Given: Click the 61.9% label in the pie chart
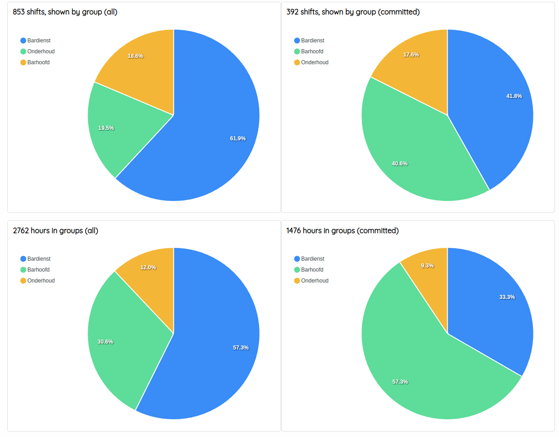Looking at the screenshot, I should [238, 139].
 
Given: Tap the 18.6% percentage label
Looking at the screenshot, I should [136, 56].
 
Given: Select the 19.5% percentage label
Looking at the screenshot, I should [106, 128].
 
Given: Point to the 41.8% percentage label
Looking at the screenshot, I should [514, 96].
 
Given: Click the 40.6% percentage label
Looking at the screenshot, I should [400, 164].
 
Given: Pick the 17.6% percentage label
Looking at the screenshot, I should [411, 55].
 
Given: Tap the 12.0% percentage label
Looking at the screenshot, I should [148, 267].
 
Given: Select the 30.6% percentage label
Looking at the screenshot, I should [105, 342].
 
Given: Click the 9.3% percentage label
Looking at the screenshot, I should [428, 266].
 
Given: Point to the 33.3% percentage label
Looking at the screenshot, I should [507, 297].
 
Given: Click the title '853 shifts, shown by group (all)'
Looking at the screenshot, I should [65, 12].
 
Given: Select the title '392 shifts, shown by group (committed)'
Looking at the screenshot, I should [353, 12].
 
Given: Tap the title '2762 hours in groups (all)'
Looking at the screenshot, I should [56, 231].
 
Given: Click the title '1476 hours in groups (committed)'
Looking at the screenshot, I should [342, 231].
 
